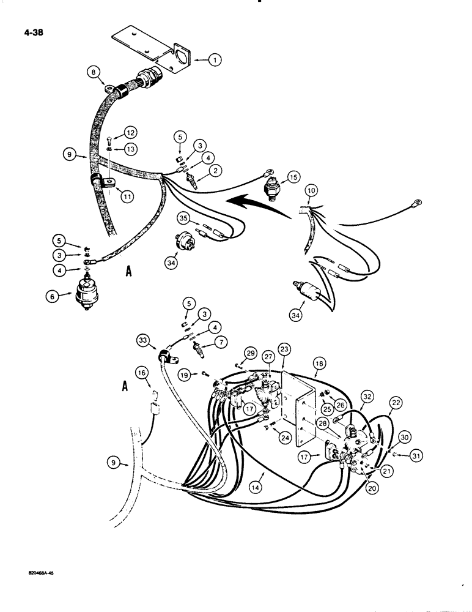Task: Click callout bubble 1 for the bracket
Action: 215,60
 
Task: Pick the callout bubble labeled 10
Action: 311,192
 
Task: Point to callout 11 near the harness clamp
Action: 127,198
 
